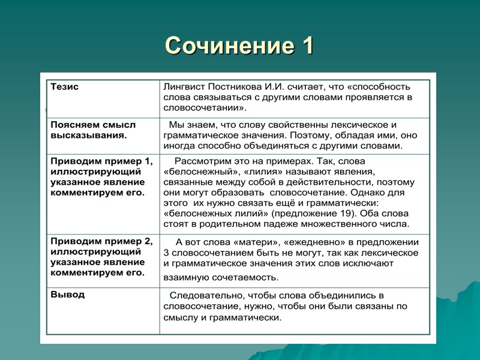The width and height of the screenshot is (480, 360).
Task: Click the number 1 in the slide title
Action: (x=305, y=46)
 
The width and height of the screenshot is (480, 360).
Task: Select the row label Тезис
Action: (x=64, y=87)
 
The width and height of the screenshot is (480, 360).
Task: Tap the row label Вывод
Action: (x=68, y=295)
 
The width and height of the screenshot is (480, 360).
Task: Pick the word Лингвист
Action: (x=184, y=86)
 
